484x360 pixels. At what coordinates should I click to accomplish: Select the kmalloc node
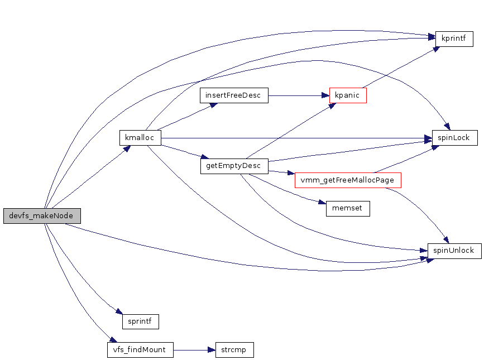140,138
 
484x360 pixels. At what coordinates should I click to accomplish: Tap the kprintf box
454,39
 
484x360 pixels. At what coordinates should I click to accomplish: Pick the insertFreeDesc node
234,95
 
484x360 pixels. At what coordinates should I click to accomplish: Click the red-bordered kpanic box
348,95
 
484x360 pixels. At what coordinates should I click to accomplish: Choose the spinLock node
454,138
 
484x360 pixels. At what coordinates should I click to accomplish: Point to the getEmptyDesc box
234,166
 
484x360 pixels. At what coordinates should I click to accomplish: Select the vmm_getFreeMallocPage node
348,180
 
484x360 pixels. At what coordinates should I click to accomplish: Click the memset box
347,209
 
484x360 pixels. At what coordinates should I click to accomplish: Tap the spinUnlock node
454,251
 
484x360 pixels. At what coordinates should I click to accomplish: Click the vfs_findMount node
140,350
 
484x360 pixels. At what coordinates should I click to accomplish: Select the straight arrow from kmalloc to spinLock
296,138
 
